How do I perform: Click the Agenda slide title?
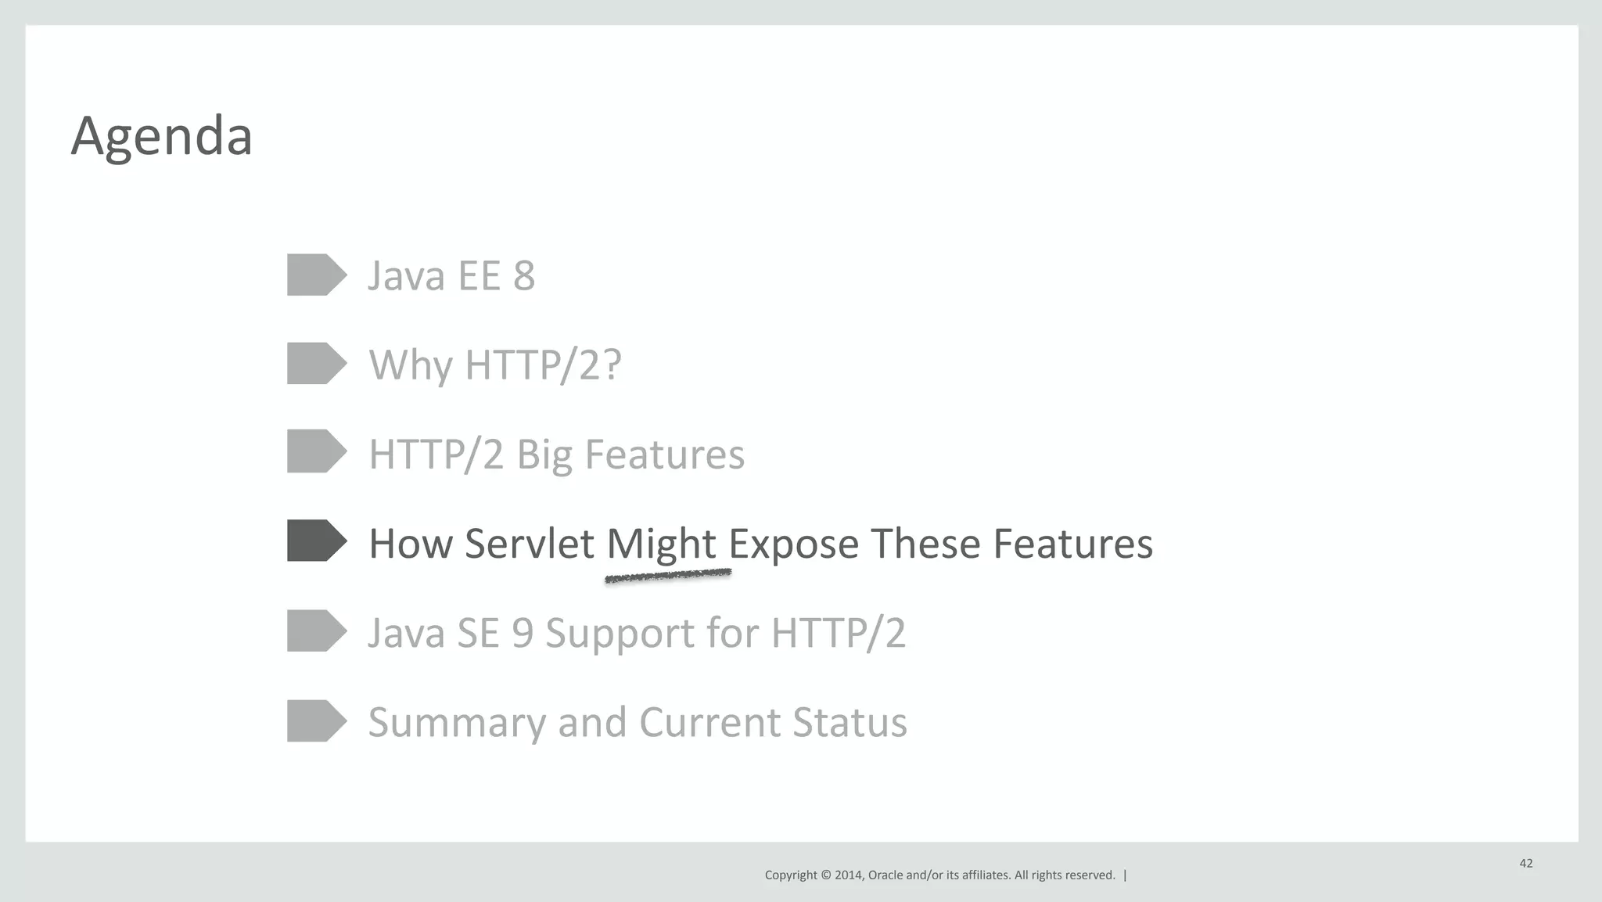[161, 136]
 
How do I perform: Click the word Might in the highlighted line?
[661, 544]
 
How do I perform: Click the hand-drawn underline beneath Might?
[667, 577]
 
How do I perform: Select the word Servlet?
[529, 544]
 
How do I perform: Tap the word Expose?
[793, 544]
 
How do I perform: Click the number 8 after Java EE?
[524, 275]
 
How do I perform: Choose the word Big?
[544, 455]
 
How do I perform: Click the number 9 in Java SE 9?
[523, 632]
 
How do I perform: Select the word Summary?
[457, 722]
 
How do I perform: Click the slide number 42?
[1525, 863]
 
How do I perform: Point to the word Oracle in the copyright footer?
[885, 875]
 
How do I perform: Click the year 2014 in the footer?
[848, 875]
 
